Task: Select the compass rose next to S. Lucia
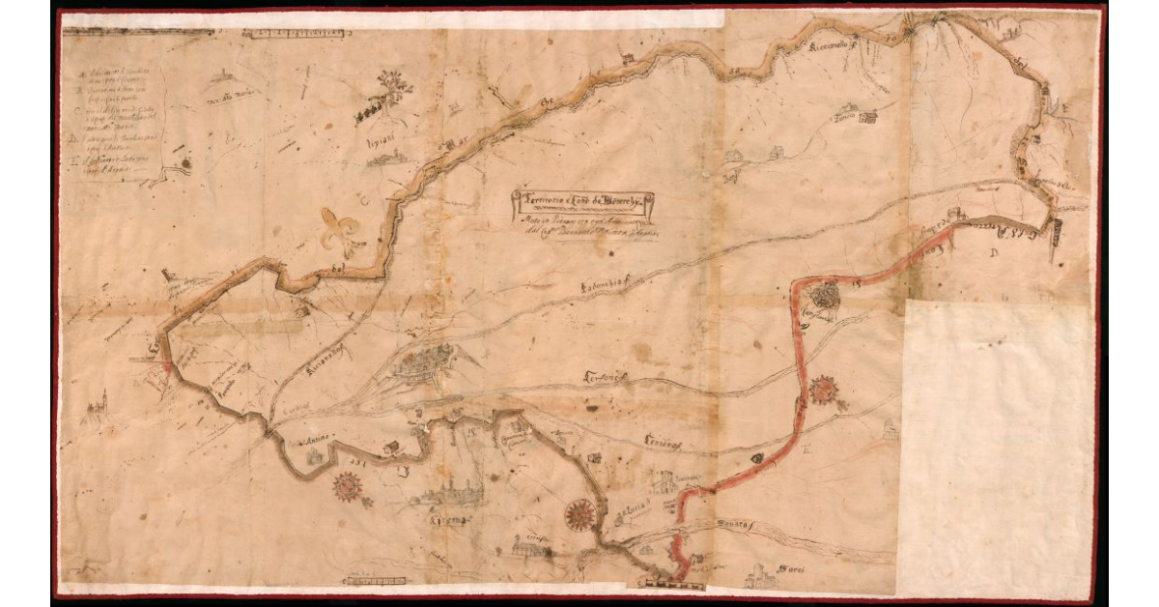coord(579,514)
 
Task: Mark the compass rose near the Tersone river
coord(823,390)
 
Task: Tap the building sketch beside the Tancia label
coord(866,117)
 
